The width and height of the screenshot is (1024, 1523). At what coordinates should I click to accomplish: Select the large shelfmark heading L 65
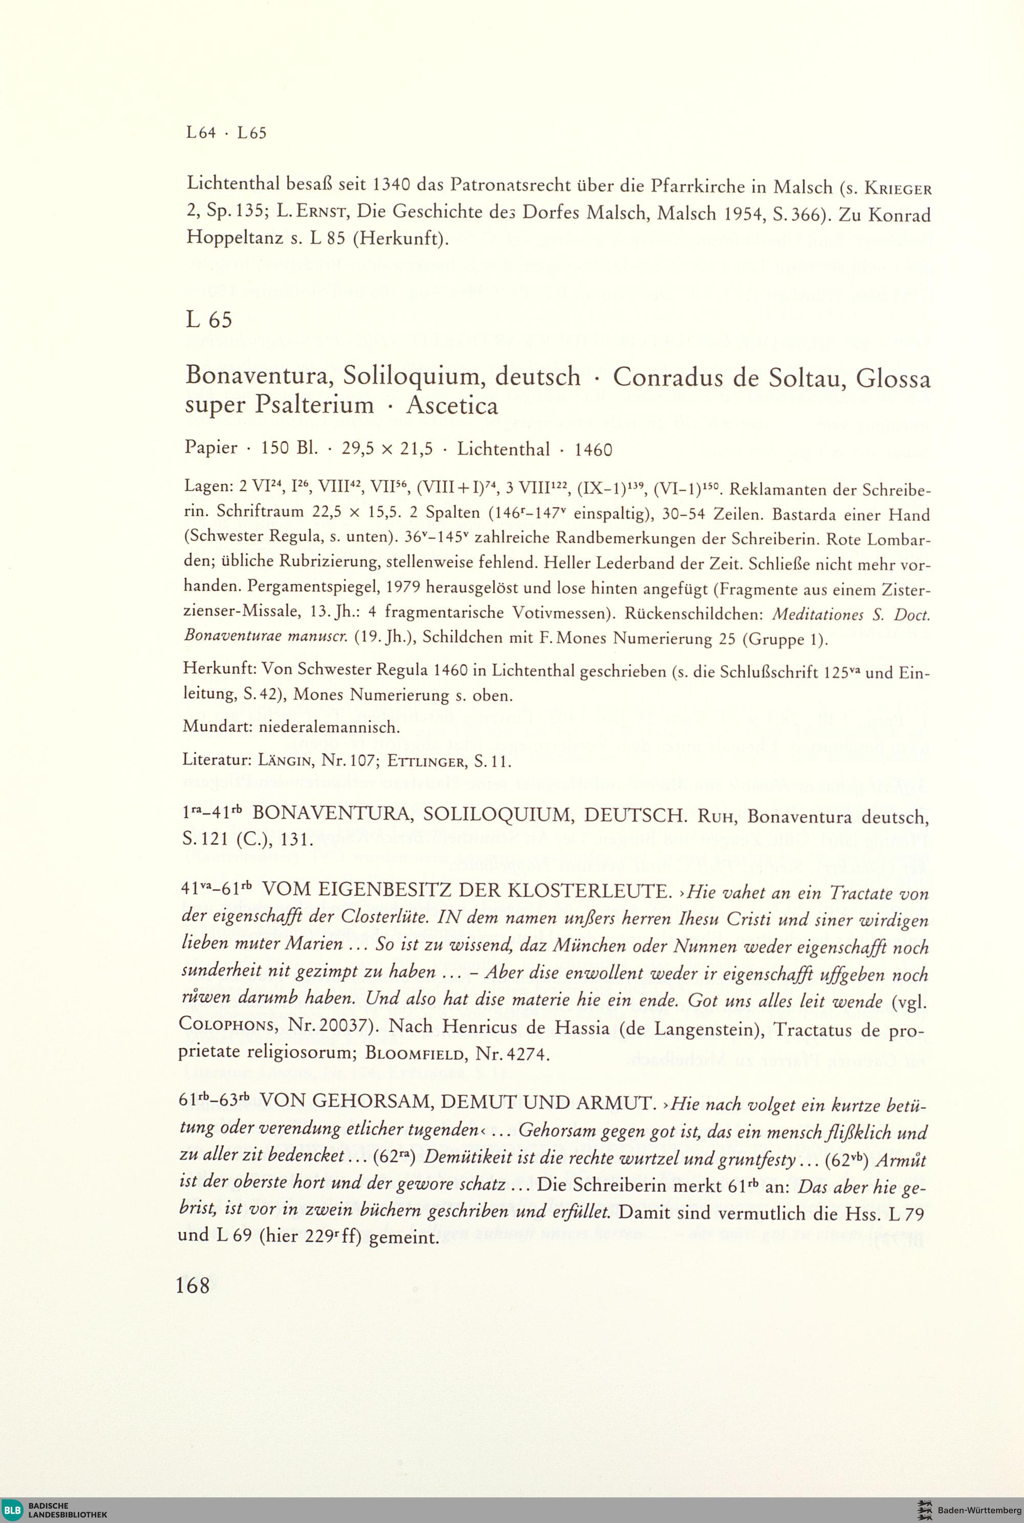coord(208,320)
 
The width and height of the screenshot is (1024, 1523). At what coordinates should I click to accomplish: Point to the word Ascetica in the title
coord(452,406)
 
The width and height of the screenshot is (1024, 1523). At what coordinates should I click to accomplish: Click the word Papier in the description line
coord(210,449)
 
